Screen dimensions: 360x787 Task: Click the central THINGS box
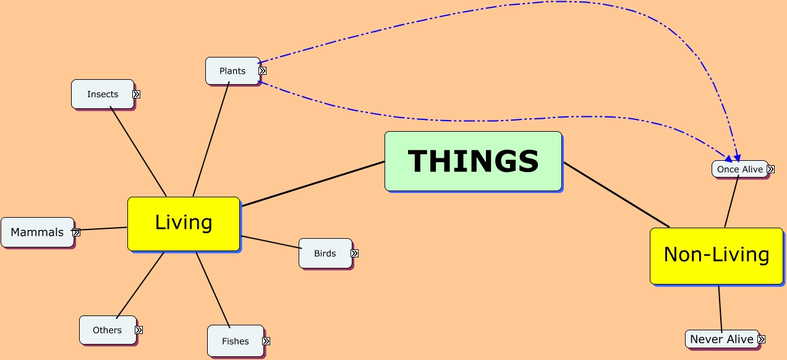point(473,161)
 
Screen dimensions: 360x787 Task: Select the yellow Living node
point(184,223)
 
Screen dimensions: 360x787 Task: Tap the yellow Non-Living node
point(716,255)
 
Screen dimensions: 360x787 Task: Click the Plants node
point(232,71)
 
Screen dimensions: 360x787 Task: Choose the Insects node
point(102,94)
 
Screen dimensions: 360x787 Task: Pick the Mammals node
point(37,233)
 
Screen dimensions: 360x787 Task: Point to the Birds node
point(325,253)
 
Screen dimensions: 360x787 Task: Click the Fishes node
point(235,341)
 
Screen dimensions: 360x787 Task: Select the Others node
point(107,330)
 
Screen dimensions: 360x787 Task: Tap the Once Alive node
point(739,169)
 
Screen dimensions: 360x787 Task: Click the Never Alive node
point(721,339)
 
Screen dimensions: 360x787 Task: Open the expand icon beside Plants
point(262,71)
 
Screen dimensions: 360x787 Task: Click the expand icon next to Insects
point(137,95)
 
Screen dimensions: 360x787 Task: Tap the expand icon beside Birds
point(355,253)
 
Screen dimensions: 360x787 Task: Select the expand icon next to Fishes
point(266,341)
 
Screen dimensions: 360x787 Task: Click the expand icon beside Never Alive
point(762,339)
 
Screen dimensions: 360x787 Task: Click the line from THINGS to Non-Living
point(616,194)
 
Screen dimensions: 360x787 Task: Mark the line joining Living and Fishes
point(213,289)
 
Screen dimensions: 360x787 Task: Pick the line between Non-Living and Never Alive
point(720,307)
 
